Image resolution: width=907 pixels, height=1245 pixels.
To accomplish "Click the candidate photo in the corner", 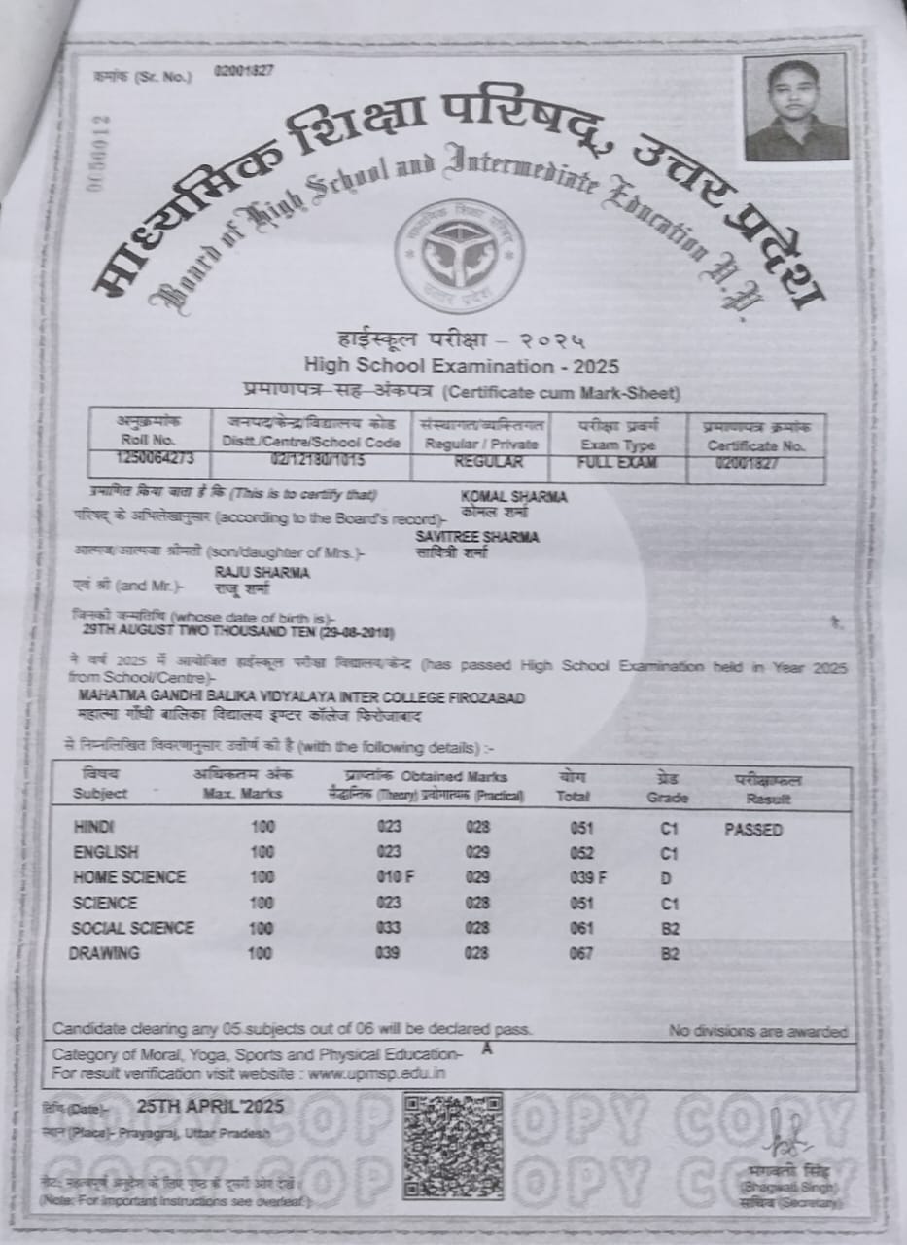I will tap(796, 107).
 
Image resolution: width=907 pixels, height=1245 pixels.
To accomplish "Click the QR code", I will tap(453, 1145).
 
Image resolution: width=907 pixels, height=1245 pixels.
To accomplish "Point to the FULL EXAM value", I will tap(616, 463).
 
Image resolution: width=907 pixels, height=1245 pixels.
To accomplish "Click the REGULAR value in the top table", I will tap(487, 463).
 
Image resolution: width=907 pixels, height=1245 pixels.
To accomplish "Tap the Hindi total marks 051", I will tap(581, 828).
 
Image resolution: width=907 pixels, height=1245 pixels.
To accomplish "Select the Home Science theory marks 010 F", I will tap(395, 877).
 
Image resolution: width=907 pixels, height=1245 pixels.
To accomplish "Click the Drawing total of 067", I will tap(581, 953).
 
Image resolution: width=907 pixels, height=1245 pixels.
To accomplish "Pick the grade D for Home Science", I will tap(667, 878).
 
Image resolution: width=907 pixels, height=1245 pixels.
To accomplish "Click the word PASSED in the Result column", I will tap(753, 830).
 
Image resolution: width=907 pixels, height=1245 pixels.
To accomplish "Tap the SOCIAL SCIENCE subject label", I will tap(133, 928).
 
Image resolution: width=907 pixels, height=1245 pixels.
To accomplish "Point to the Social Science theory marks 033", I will tap(388, 928).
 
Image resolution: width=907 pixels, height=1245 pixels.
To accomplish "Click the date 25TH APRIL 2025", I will tap(210, 1106).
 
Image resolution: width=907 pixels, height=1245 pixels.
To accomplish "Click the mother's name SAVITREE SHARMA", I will tap(476, 537).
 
